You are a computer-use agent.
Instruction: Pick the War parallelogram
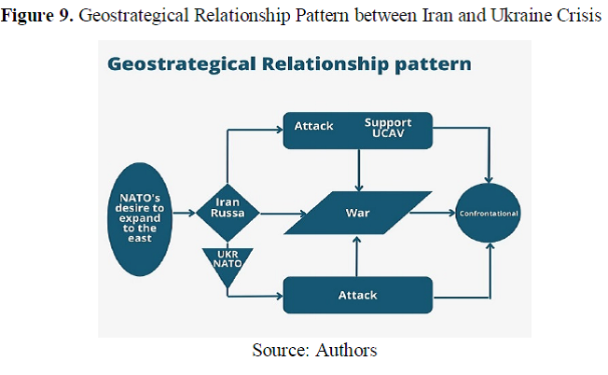tap(358, 214)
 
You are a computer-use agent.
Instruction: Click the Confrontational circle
tap(489, 214)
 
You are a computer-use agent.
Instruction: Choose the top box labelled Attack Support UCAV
tap(358, 131)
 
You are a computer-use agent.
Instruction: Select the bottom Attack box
tap(358, 295)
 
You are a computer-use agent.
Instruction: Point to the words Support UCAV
tap(388, 130)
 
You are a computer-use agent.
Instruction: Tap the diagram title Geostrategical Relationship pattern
tap(289, 64)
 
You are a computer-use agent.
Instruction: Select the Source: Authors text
tap(314, 351)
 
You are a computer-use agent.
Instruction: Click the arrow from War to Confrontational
tap(435, 214)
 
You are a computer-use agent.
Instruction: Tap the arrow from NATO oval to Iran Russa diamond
tap(187, 214)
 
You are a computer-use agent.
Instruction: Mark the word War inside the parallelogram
tap(358, 214)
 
